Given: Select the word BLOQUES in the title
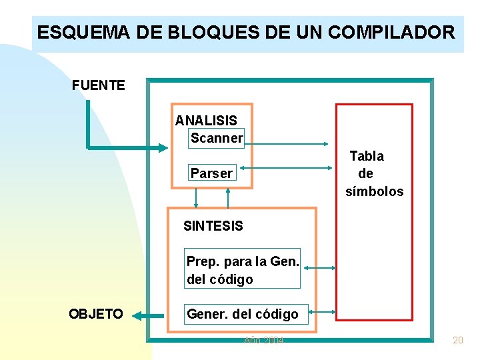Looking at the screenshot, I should tap(176, 32).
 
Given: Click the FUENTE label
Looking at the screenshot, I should tap(98, 85).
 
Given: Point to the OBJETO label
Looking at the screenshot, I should tap(96, 314).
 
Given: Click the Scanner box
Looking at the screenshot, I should tap(217, 138).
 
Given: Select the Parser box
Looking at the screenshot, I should tap(211, 173).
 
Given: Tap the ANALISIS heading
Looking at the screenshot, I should tap(206, 121).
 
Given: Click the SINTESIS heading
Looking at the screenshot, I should tap(213, 226).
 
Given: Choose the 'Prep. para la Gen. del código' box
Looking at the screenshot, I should tap(243, 270).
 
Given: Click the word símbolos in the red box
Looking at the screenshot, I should tap(375, 191).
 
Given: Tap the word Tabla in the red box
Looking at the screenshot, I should tap(367, 156).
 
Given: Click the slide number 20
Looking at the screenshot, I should tap(457, 340).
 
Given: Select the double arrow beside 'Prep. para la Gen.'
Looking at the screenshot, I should tap(319, 269).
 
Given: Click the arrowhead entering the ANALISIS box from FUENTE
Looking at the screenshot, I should tap(163, 147).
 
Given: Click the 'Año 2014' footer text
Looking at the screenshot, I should tap(264, 340).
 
